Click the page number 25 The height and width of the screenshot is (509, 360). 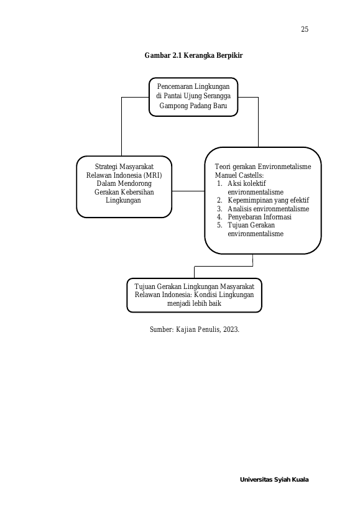[305, 29]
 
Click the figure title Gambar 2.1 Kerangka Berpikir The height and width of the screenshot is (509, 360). [193, 55]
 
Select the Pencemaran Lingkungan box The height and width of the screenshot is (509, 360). [193, 97]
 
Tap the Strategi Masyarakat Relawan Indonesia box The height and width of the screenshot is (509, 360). [124, 186]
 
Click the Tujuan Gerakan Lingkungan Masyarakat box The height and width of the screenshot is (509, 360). [194, 295]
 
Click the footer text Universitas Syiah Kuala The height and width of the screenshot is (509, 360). [274, 479]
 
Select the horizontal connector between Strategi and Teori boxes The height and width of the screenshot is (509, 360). [188, 191]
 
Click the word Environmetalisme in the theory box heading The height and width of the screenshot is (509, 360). [284, 167]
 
